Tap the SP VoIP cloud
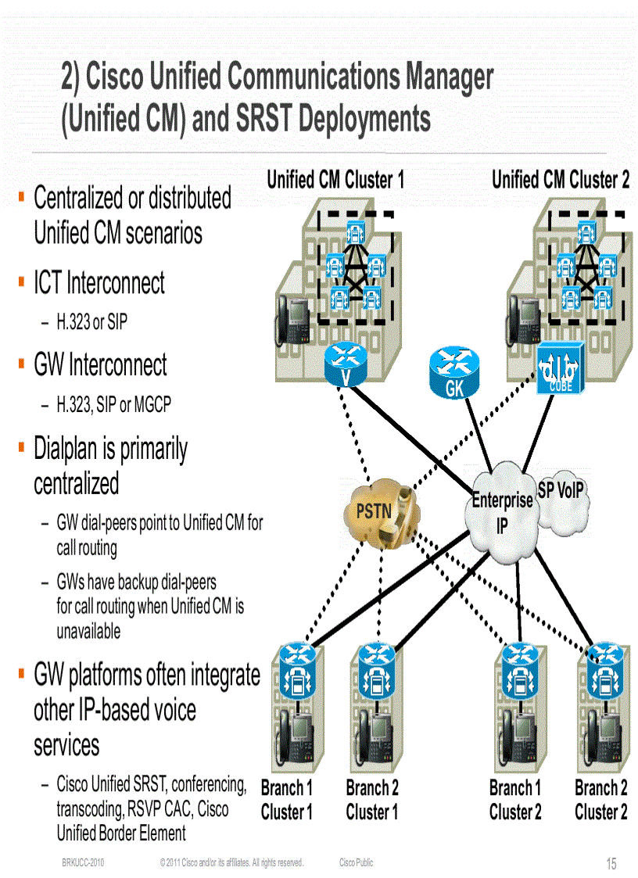pos(561,500)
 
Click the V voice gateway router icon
pos(344,364)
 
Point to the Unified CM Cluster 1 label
pos(335,180)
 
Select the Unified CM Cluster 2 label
pos(560,180)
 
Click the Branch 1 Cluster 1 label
pos(287,800)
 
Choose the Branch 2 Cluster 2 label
pos(600,800)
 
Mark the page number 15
pos(611,863)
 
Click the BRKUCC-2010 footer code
pos(84,862)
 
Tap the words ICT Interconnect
pos(99,283)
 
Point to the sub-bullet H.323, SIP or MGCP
pos(113,404)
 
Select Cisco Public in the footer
pos(356,862)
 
